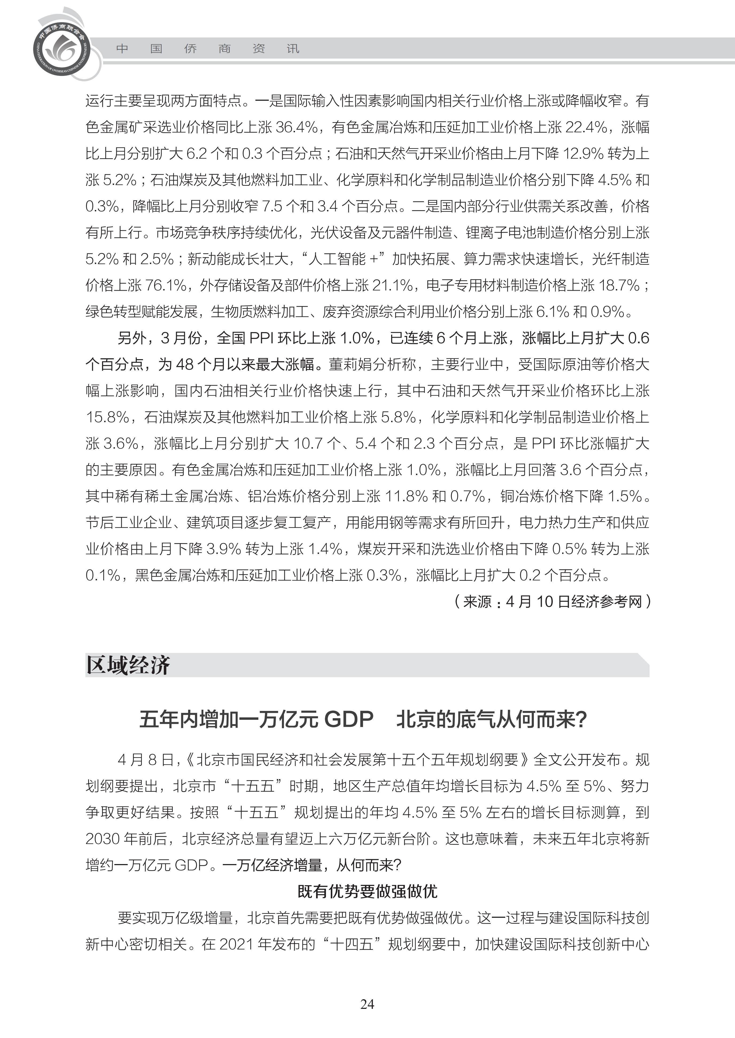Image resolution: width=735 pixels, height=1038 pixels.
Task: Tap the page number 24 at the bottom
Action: pos(367,1004)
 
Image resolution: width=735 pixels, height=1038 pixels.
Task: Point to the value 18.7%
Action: pos(619,285)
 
